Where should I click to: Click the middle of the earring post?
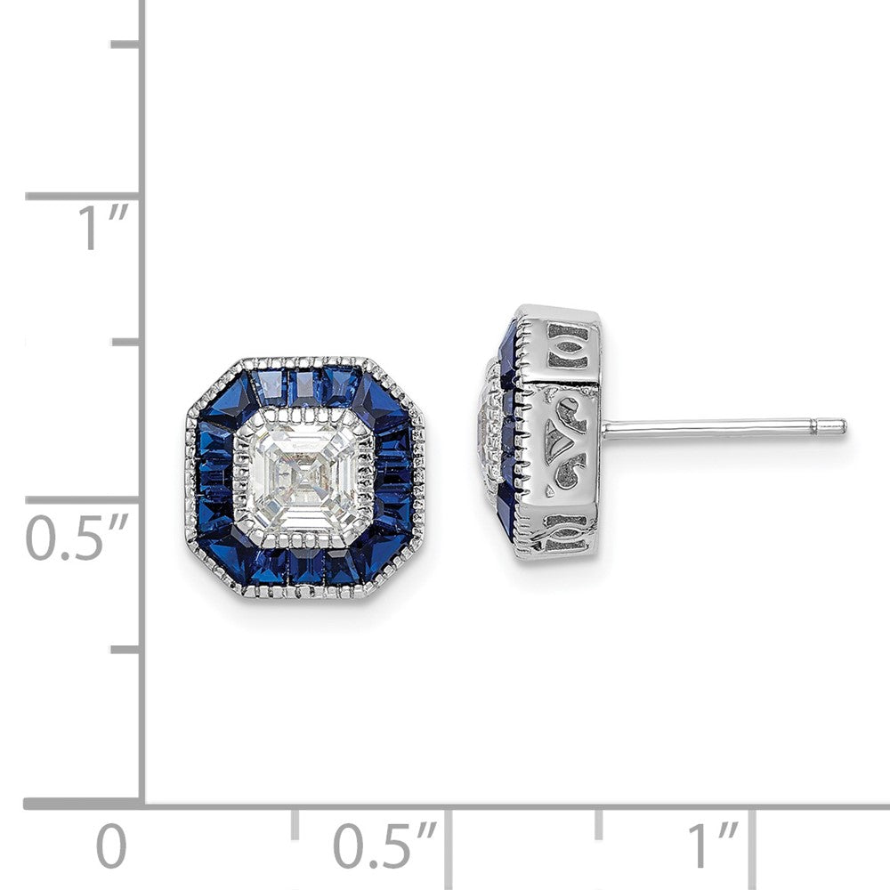click(x=721, y=427)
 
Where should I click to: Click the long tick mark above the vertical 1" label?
click(x=85, y=195)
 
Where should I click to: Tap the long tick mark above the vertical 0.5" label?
click(x=85, y=499)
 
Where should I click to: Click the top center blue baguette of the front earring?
click(x=304, y=384)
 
